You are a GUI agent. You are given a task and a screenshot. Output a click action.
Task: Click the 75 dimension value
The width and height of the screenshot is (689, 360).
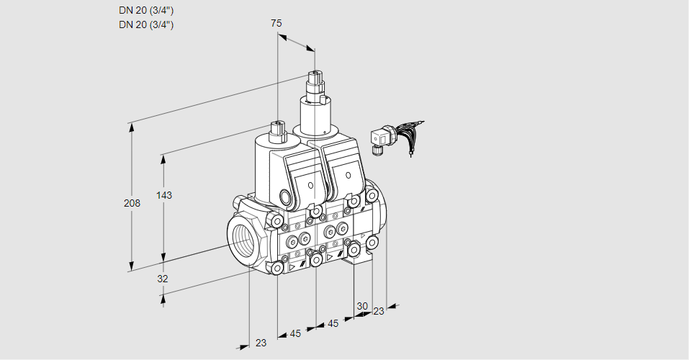[x=276, y=23]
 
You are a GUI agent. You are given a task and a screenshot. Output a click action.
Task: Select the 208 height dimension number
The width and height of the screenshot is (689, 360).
[x=132, y=204]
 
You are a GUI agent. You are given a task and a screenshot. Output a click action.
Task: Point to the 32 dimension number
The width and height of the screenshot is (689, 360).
[x=162, y=279]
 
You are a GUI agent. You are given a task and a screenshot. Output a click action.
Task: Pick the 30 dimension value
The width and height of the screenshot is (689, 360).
[x=361, y=305]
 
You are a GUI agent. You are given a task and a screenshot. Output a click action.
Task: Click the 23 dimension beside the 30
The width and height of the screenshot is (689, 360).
[x=378, y=311]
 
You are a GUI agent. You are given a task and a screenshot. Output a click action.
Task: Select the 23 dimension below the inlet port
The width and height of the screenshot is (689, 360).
[x=261, y=343]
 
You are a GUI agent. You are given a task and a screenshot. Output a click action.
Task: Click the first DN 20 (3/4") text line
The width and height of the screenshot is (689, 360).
[x=146, y=10]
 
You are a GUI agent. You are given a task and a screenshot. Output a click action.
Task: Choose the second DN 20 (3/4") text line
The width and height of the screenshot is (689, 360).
[x=146, y=24]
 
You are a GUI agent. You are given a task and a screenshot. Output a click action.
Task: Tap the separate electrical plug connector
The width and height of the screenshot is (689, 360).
[x=379, y=137]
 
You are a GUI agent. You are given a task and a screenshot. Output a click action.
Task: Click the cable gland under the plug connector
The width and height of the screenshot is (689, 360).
[x=375, y=150]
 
